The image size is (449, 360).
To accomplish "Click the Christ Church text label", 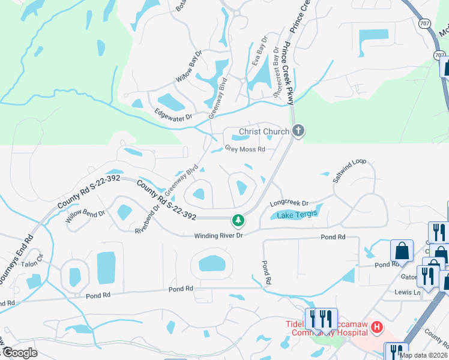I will (x=264, y=131).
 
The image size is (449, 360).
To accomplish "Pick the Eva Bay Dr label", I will (x=259, y=50).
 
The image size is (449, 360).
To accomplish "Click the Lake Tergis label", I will (x=295, y=214).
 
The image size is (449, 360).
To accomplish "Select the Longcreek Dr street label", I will (x=289, y=203).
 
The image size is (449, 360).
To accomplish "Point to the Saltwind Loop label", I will (x=349, y=172).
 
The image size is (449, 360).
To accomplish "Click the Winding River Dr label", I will (x=217, y=236).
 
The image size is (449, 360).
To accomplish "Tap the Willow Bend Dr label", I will (x=85, y=220).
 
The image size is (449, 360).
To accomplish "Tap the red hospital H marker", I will (x=377, y=327).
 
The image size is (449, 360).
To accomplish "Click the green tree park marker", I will (x=238, y=220).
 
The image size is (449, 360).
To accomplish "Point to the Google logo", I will (x=20, y=353).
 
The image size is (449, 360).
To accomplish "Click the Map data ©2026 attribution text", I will (x=423, y=355).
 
